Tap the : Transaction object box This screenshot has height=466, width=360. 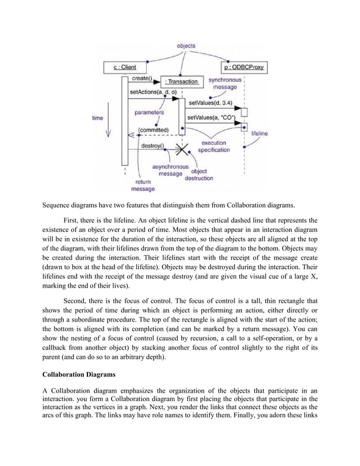click(x=181, y=81)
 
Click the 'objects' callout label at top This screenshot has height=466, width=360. click(x=186, y=45)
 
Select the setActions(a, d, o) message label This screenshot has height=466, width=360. click(x=153, y=91)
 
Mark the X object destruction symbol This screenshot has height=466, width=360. click(x=181, y=150)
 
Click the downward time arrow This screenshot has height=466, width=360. click(x=108, y=128)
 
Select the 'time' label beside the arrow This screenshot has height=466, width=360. click(x=98, y=118)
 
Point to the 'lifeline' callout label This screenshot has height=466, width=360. click(x=260, y=134)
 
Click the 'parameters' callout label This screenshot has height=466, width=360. click(x=150, y=112)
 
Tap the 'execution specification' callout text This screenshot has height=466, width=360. click(x=213, y=146)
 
